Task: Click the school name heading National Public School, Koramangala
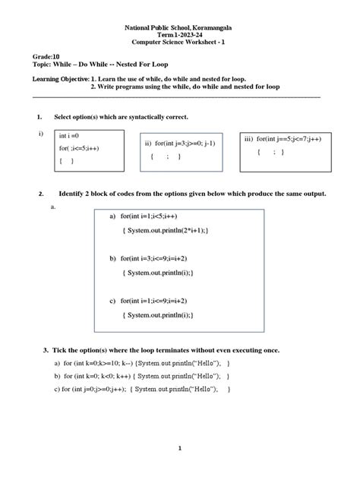point(179,27)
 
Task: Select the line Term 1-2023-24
point(179,35)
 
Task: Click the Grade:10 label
point(44,57)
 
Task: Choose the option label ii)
point(149,143)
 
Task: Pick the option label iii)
point(248,139)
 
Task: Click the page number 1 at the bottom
point(180,448)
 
